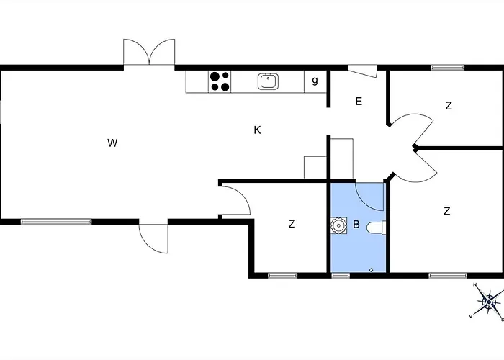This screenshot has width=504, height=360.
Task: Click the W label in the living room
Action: (112, 143)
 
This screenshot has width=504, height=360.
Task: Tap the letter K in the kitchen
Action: (257, 130)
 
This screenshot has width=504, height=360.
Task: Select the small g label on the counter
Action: (315, 81)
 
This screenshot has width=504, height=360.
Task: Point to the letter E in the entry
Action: (359, 102)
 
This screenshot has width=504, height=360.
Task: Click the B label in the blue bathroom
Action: (356, 225)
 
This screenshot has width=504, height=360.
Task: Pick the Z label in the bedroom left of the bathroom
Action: (292, 225)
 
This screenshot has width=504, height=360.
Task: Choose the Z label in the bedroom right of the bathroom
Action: (447, 211)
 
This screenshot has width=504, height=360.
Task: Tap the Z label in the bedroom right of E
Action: (449, 106)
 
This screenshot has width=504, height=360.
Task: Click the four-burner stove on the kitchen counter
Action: (220, 81)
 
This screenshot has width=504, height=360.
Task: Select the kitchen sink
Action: (269, 81)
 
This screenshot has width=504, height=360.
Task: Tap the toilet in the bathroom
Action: (376, 228)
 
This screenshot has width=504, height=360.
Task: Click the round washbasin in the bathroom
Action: (338, 226)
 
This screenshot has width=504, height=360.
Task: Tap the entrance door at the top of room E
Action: (362, 71)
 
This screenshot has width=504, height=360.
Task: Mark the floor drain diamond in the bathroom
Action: (371, 270)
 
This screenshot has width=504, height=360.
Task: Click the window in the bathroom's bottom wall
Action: (341, 275)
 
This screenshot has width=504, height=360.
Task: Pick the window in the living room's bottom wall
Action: (56, 222)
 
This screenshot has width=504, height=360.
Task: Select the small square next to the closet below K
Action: (315, 167)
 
